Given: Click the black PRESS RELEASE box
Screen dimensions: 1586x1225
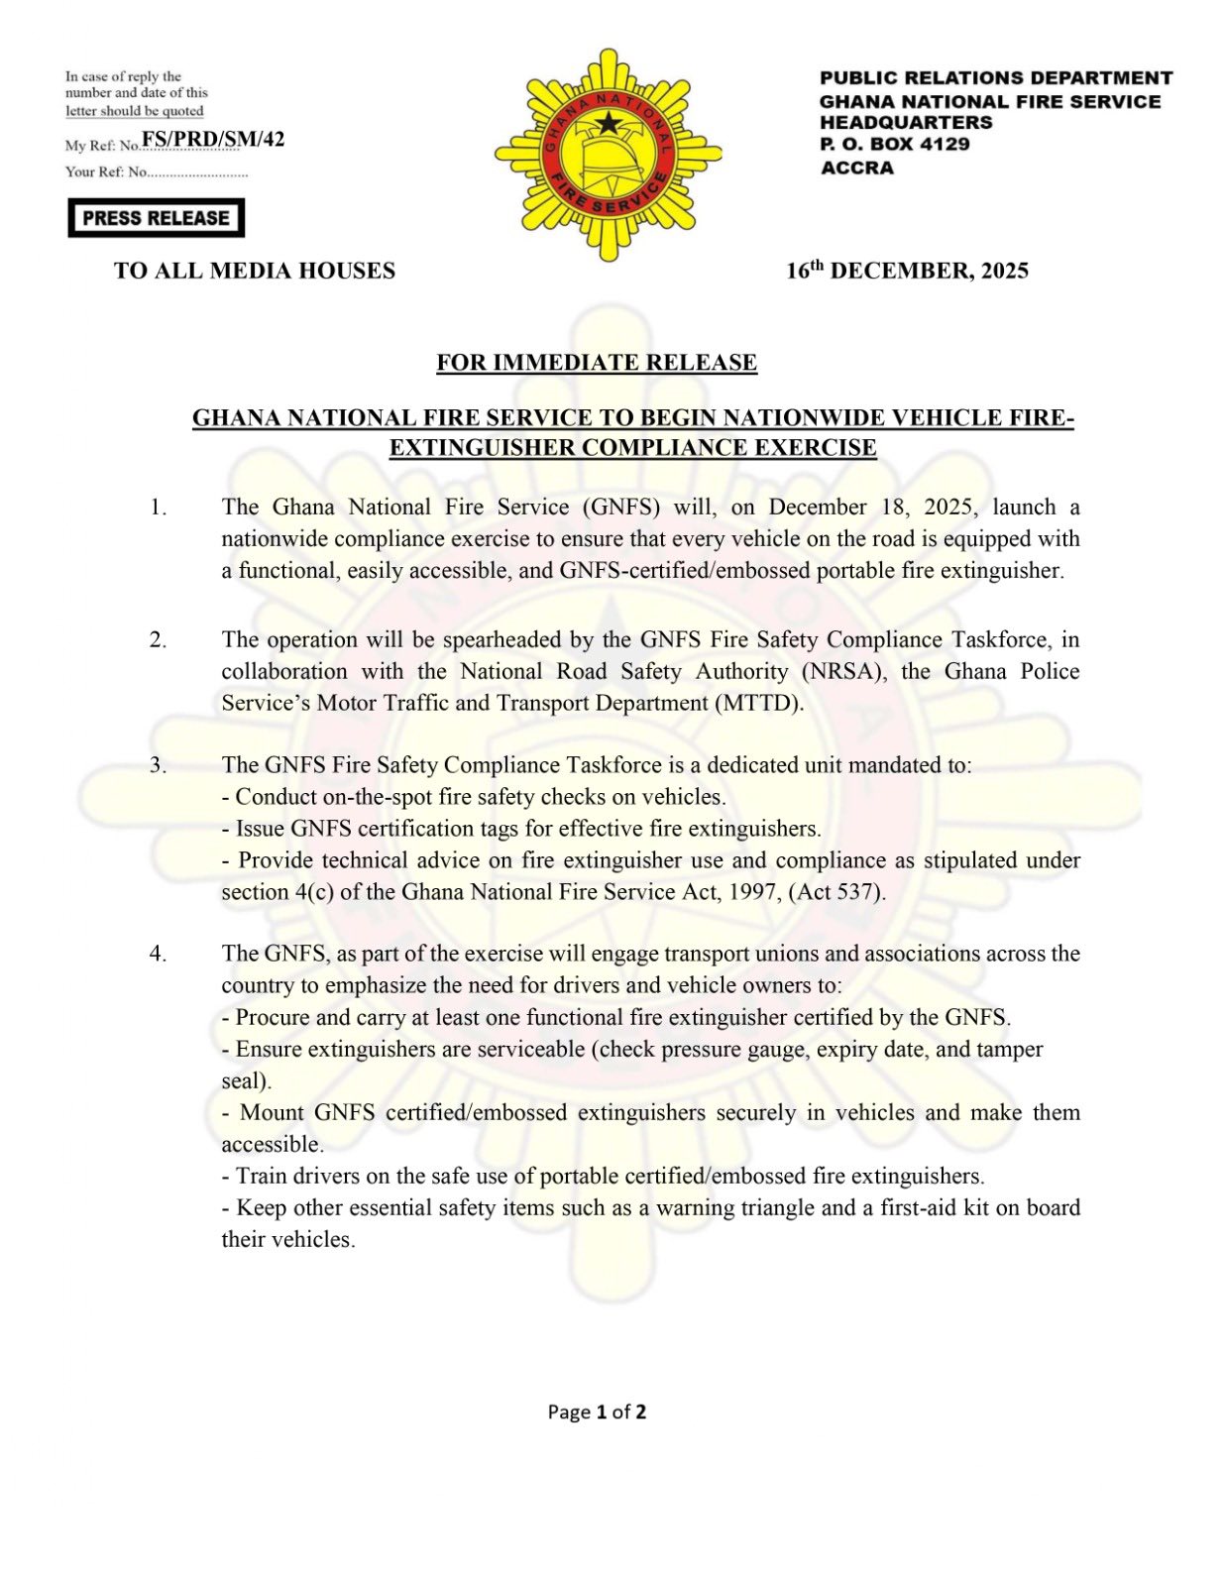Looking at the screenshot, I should pyautogui.click(x=156, y=218).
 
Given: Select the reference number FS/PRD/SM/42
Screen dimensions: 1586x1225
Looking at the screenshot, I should pyautogui.click(x=213, y=140).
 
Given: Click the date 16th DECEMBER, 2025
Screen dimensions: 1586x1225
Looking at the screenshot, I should pyautogui.click(x=907, y=271).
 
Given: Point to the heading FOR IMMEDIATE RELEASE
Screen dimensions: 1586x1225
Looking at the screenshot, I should pyautogui.click(x=597, y=363).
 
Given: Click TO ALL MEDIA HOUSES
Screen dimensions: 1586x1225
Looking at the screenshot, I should pyautogui.click(x=255, y=271).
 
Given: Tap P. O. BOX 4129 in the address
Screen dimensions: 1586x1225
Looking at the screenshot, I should pyautogui.click(x=894, y=145).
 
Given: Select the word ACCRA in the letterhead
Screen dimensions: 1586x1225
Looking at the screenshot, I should pyautogui.click(x=857, y=168).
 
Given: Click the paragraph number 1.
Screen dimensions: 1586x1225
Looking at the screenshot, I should pyautogui.click(x=159, y=508).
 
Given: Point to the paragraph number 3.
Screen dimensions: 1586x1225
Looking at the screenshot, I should pyautogui.click(x=159, y=765).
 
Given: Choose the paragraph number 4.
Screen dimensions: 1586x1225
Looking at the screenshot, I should pyautogui.click(x=159, y=954).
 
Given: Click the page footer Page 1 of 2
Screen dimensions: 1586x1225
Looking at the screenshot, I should pyautogui.click(x=597, y=1412).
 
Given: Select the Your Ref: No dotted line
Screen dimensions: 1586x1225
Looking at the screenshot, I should pyautogui.click(x=197, y=172).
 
